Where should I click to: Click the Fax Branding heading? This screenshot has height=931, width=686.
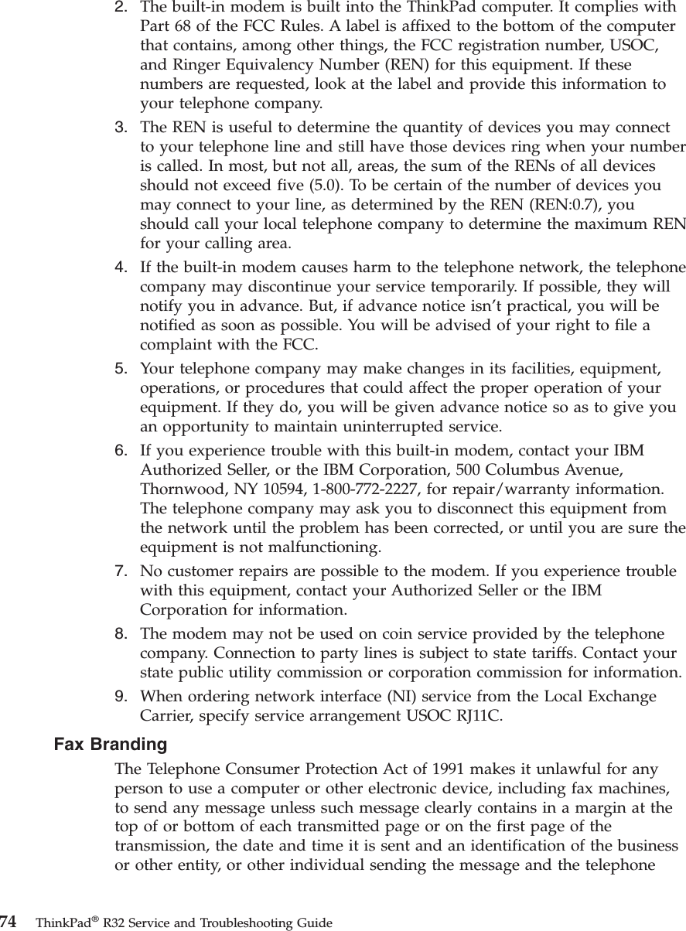pyautogui.click(x=110, y=745)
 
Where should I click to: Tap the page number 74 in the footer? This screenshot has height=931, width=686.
pyautogui.click(x=9, y=922)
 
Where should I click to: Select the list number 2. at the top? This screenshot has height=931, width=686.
pyautogui.click(x=121, y=8)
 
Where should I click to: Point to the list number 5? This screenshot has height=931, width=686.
pyautogui.click(x=121, y=368)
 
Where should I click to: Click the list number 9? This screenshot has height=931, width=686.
pyautogui.click(x=121, y=697)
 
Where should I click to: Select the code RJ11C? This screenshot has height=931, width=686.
pyautogui.click(x=476, y=715)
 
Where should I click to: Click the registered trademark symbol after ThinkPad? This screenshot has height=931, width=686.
pyautogui.click(x=86, y=919)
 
